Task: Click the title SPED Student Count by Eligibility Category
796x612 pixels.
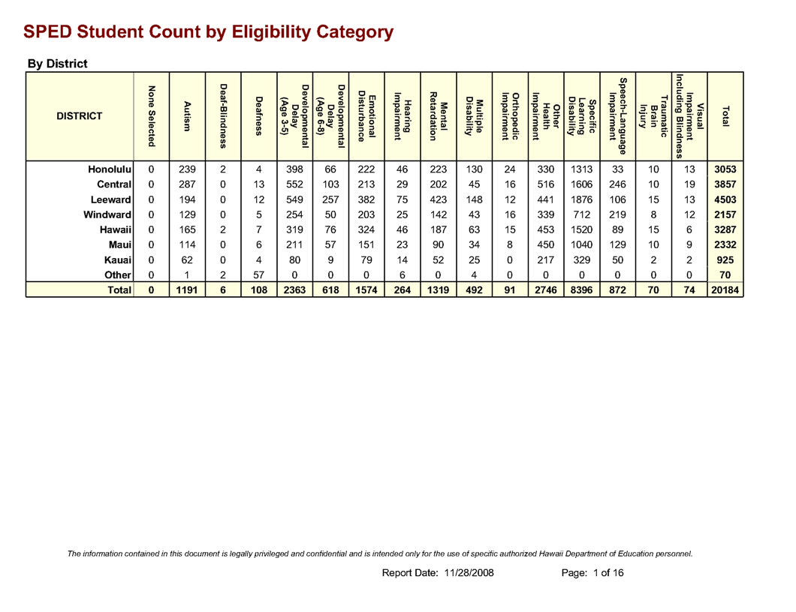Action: [x=208, y=32]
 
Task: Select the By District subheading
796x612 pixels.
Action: [x=57, y=64]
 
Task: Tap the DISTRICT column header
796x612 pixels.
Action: [x=80, y=116]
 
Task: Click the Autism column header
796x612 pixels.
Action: [x=187, y=116]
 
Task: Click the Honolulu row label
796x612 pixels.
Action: [x=110, y=170]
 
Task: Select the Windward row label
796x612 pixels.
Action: [x=108, y=215]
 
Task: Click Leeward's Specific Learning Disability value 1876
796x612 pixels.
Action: [x=582, y=200]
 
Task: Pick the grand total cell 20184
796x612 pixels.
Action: [x=725, y=290]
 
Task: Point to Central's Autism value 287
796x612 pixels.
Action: [x=187, y=185]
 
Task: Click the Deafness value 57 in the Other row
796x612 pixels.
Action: [x=258, y=275]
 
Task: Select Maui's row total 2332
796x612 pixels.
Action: [x=725, y=245]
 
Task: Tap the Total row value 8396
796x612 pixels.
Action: [x=582, y=290]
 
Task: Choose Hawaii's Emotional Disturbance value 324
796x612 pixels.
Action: [x=366, y=230]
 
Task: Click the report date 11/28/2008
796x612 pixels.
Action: [x=469, y=573]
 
